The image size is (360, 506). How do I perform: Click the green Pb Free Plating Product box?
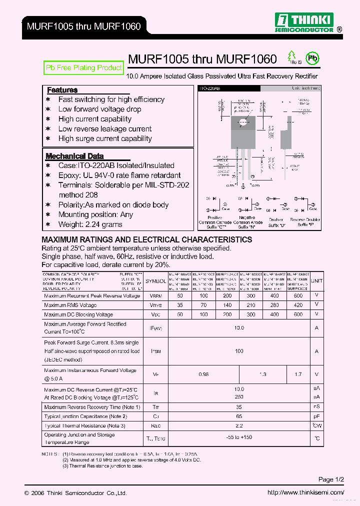tap(84, 68)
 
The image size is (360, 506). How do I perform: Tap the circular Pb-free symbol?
tap(312, 58)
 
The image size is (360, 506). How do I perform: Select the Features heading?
tap(62, 90)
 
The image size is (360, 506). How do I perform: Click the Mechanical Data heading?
tap(74, 156)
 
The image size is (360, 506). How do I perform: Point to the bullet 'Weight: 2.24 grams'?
tap(90, 224)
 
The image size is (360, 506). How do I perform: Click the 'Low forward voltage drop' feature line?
tap(99, 109)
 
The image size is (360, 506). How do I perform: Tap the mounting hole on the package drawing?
tap(243, 121)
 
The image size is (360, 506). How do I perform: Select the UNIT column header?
tap(316, 281)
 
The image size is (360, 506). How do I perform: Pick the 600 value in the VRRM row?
tap(298, 296)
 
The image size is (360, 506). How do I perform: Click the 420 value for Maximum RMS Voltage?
tap(298, 305)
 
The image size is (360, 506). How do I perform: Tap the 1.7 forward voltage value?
tap(298, 374)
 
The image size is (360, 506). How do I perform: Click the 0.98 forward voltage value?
tap(203, 374)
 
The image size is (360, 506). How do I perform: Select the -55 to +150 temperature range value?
tap(239, 437)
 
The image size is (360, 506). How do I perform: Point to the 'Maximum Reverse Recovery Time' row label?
tap(92, 407)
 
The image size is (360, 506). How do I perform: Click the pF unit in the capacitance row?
tap(316, 416)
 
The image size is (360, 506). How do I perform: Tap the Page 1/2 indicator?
tap(331, 479)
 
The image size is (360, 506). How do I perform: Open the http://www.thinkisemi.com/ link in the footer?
tap(305, 492)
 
